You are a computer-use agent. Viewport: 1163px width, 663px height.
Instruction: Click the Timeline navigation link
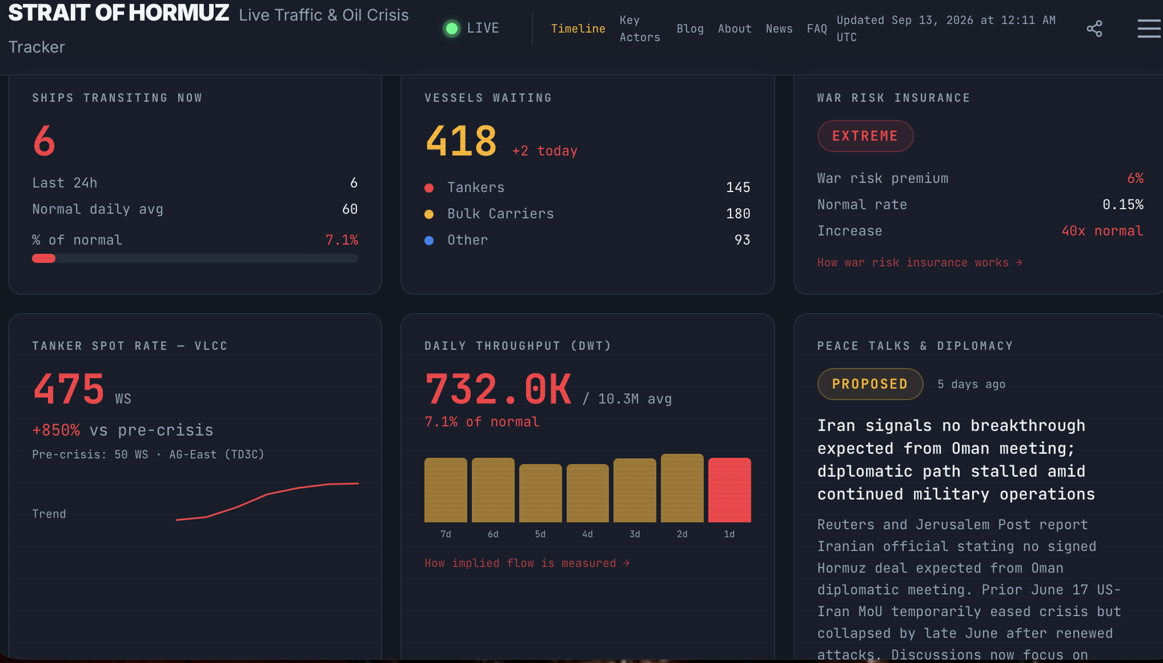[578, 29]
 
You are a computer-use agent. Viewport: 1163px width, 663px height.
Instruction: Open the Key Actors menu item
[640, 29]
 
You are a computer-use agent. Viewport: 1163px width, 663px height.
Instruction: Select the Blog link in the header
[690, 29]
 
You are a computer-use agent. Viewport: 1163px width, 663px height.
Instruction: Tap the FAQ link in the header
[817, 29]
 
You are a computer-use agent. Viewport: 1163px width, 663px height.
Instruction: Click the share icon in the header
[1094, 29]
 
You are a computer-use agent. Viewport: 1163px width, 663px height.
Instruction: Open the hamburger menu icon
[1149, 29]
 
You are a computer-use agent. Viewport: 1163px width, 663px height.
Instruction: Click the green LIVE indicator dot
[452, 28]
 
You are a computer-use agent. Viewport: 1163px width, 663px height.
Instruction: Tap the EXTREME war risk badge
[865, 136]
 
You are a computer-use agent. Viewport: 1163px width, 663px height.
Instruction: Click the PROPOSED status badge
[870, 384]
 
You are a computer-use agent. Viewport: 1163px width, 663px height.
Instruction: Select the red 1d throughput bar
[729, 490]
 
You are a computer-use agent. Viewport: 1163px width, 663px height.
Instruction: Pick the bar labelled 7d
[446, 490]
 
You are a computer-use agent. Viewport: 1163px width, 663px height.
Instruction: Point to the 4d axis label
[587, 534]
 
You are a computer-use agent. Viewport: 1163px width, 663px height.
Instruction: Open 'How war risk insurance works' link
[920, 262]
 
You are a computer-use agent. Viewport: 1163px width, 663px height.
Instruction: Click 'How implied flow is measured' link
[527, 563]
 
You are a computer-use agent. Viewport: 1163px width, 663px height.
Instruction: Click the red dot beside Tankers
[429, 188]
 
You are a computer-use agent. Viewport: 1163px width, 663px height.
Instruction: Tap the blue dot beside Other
[429, 241]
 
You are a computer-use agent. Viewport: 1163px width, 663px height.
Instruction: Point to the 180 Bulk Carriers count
[738, 214]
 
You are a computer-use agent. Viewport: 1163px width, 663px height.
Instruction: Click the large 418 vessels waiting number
[462, 141]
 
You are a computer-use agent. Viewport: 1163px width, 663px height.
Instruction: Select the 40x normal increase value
[1102, 231]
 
